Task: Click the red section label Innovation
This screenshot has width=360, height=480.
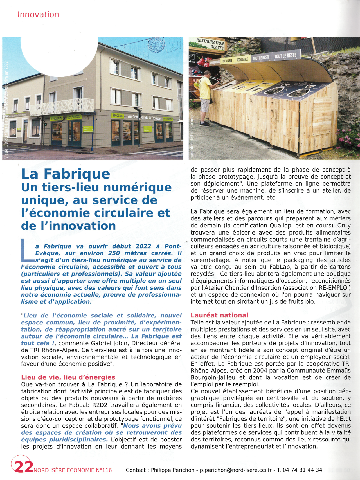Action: coord(38,15)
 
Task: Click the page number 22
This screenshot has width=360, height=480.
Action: coord(24,467)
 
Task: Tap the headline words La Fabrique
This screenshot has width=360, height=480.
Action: coord(66,174)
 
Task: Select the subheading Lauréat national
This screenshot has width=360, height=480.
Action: coord(219,315)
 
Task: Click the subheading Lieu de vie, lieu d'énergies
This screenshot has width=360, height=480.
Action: coord(68,377)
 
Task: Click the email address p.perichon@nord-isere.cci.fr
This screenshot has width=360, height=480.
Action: coord(236,470)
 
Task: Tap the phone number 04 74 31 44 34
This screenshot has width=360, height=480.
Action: coord(302,470)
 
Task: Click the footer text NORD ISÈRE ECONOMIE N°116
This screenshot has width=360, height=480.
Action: coord(73,470)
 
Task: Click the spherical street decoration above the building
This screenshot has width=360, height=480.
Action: coord(156,45)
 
